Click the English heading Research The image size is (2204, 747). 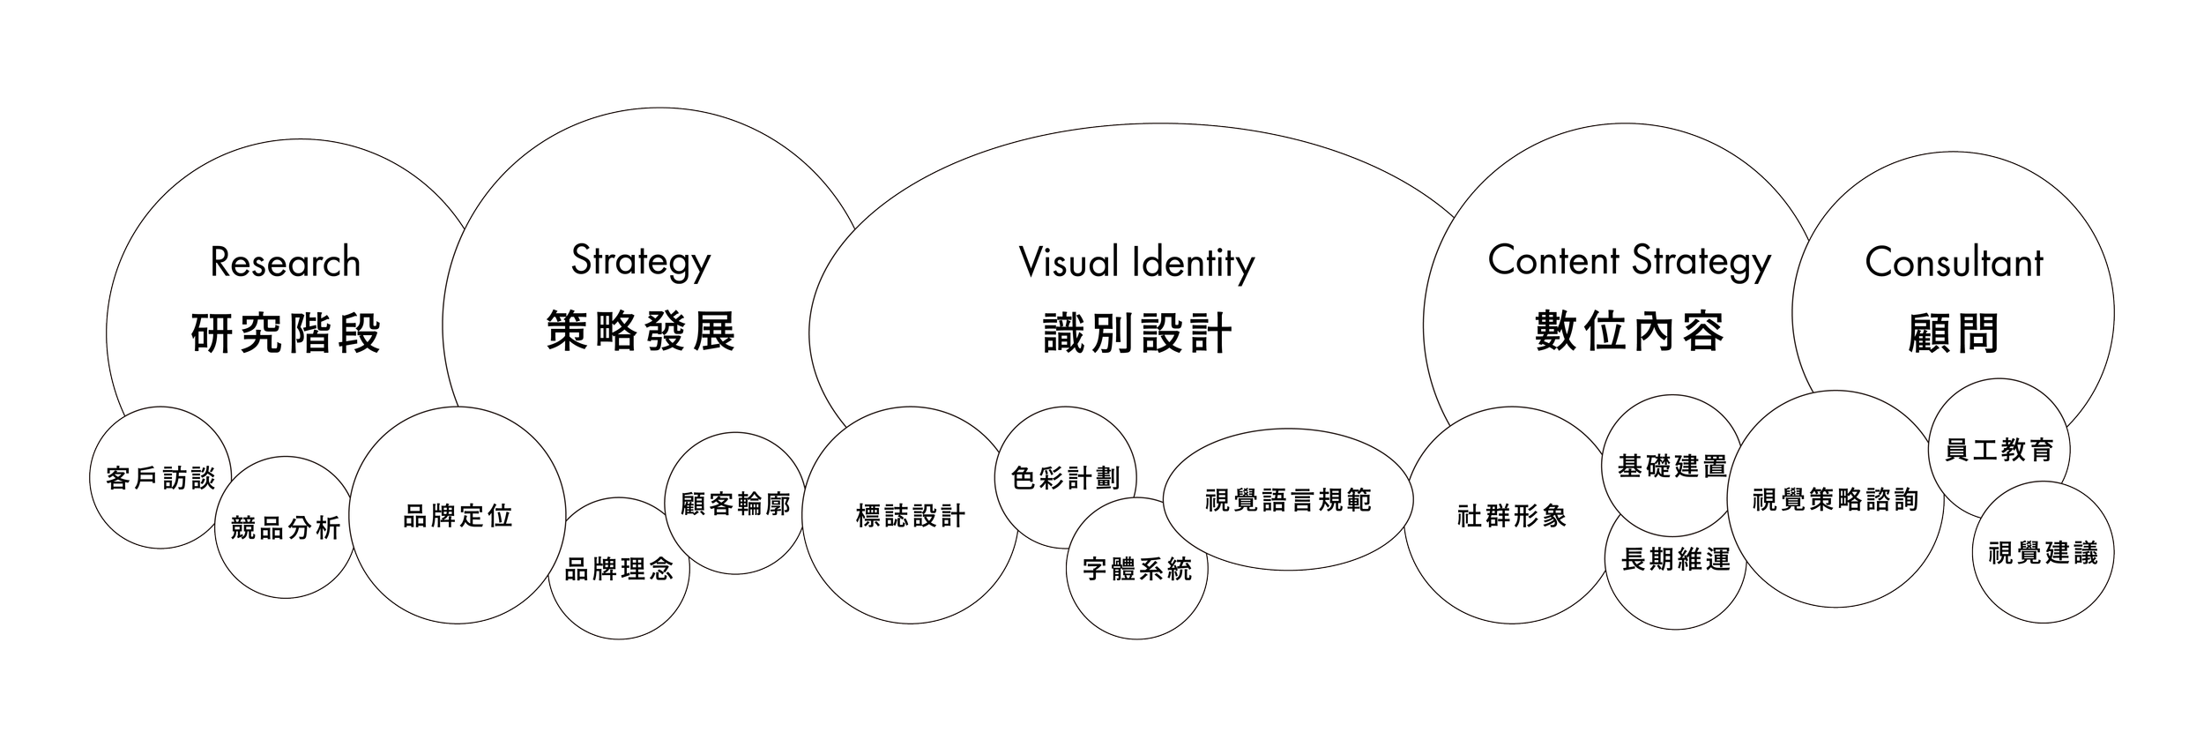(286, 263)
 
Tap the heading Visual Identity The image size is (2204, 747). (1136, 263)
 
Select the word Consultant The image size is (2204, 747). (1954, 263)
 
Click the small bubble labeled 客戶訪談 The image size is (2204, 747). (160, 479)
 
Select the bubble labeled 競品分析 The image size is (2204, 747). (285, 528)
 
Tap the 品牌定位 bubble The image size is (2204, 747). (458, 516)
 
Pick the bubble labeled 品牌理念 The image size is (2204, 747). (619, 570)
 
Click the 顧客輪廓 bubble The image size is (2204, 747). (735, 504)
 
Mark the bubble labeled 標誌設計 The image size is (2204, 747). (911, 516)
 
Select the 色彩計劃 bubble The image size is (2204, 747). (1066, 478)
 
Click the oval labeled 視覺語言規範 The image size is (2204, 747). (1288, 500)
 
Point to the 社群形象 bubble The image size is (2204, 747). (1512, 516)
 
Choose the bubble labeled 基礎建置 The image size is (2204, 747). (1672, 466)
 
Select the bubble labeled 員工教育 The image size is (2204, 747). (1999, 450)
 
